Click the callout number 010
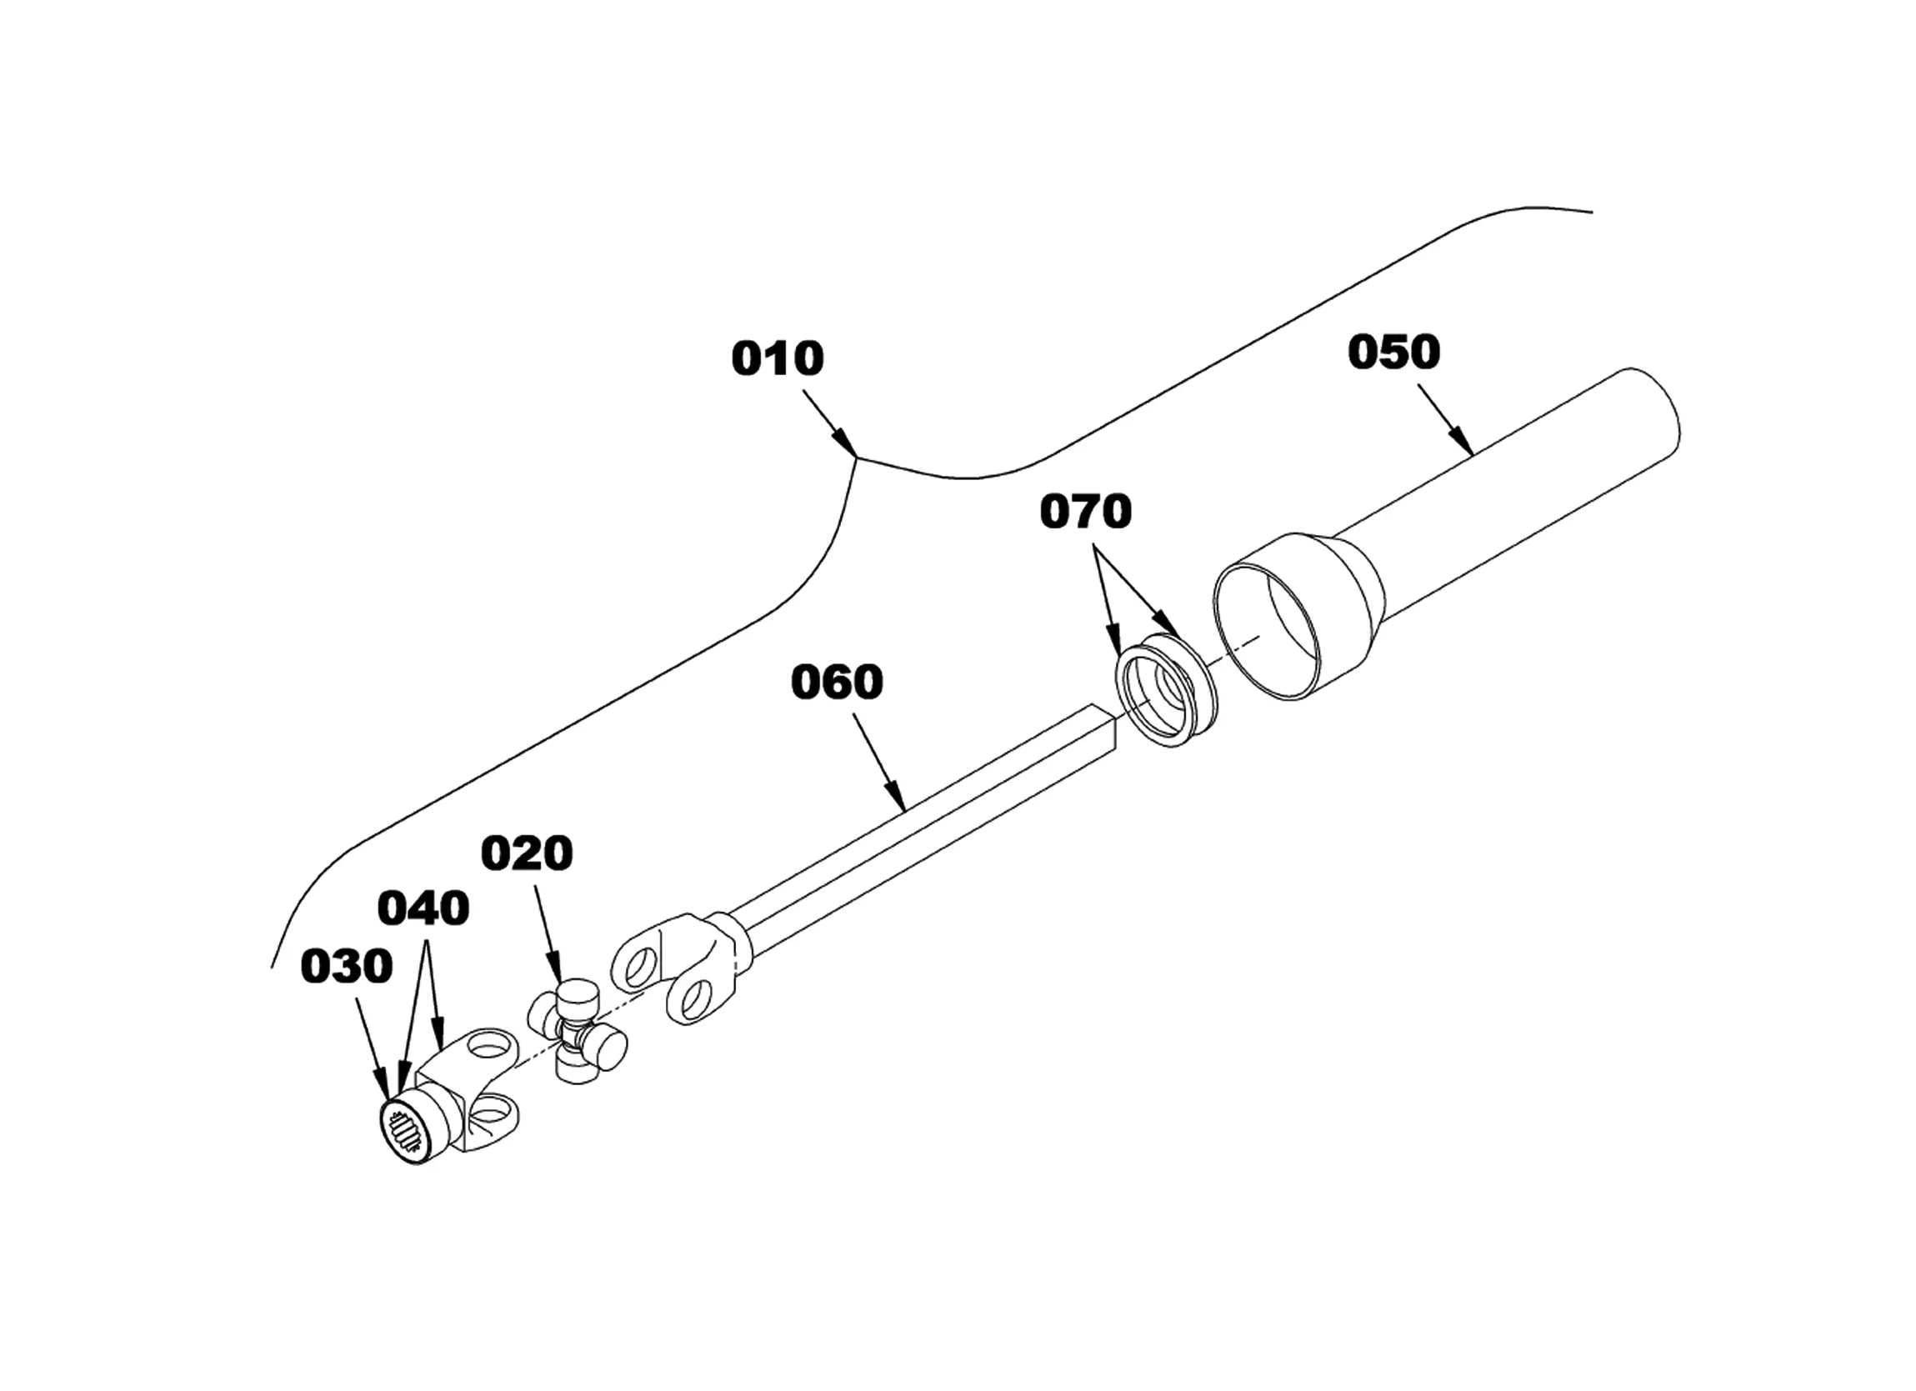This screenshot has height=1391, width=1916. click(x=778, y=358)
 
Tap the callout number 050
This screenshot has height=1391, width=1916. click(x=1394, y=353)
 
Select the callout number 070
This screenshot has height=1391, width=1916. click(x=1086, y=512)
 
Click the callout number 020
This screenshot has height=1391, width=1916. click(x=528, y=853)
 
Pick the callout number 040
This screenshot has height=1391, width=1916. click(x=423, y=908)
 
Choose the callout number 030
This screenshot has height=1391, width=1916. click(x=348, y=966)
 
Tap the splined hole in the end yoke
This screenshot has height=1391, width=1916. click(x=408, y=1133)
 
